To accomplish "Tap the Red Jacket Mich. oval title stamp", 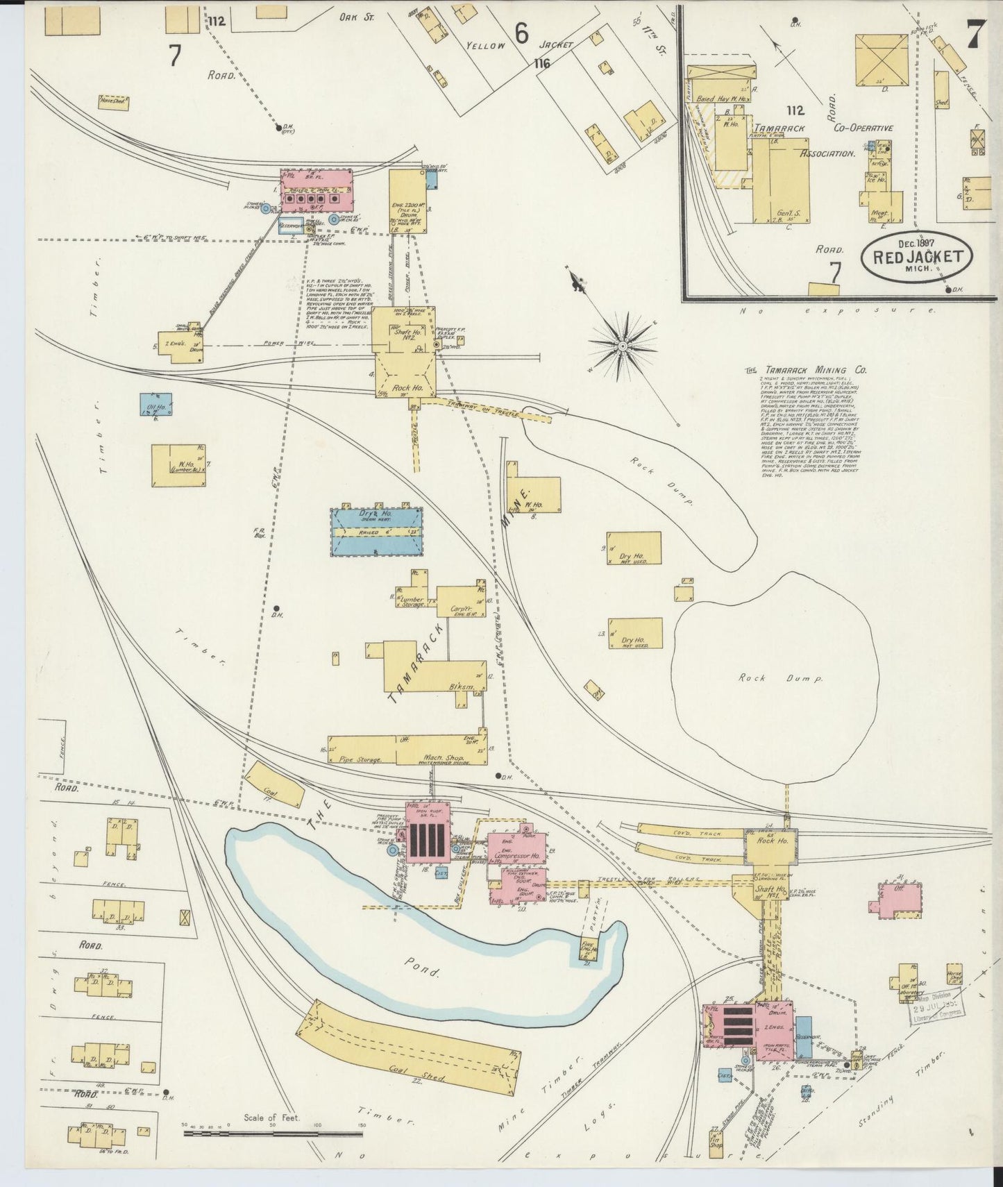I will (916, 256).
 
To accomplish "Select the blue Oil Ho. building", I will (155, 405).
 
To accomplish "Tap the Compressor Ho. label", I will (516, 857).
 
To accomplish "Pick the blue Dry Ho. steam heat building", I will (376, 532).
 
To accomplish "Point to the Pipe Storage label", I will (360, 759).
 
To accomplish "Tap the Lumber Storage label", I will (412, 601).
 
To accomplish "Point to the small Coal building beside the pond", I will (273, 786).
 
